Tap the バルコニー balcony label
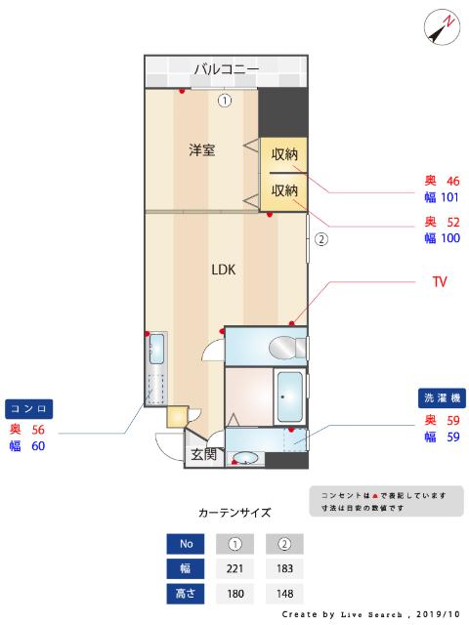226,69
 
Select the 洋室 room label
202,150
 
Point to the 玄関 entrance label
204,454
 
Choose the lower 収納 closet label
284,190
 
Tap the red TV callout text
440,282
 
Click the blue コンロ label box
29,408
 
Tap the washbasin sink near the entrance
247,456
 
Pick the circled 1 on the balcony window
225,99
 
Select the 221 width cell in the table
234,568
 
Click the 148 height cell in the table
285,593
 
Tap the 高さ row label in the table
185,593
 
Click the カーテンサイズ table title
234,512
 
